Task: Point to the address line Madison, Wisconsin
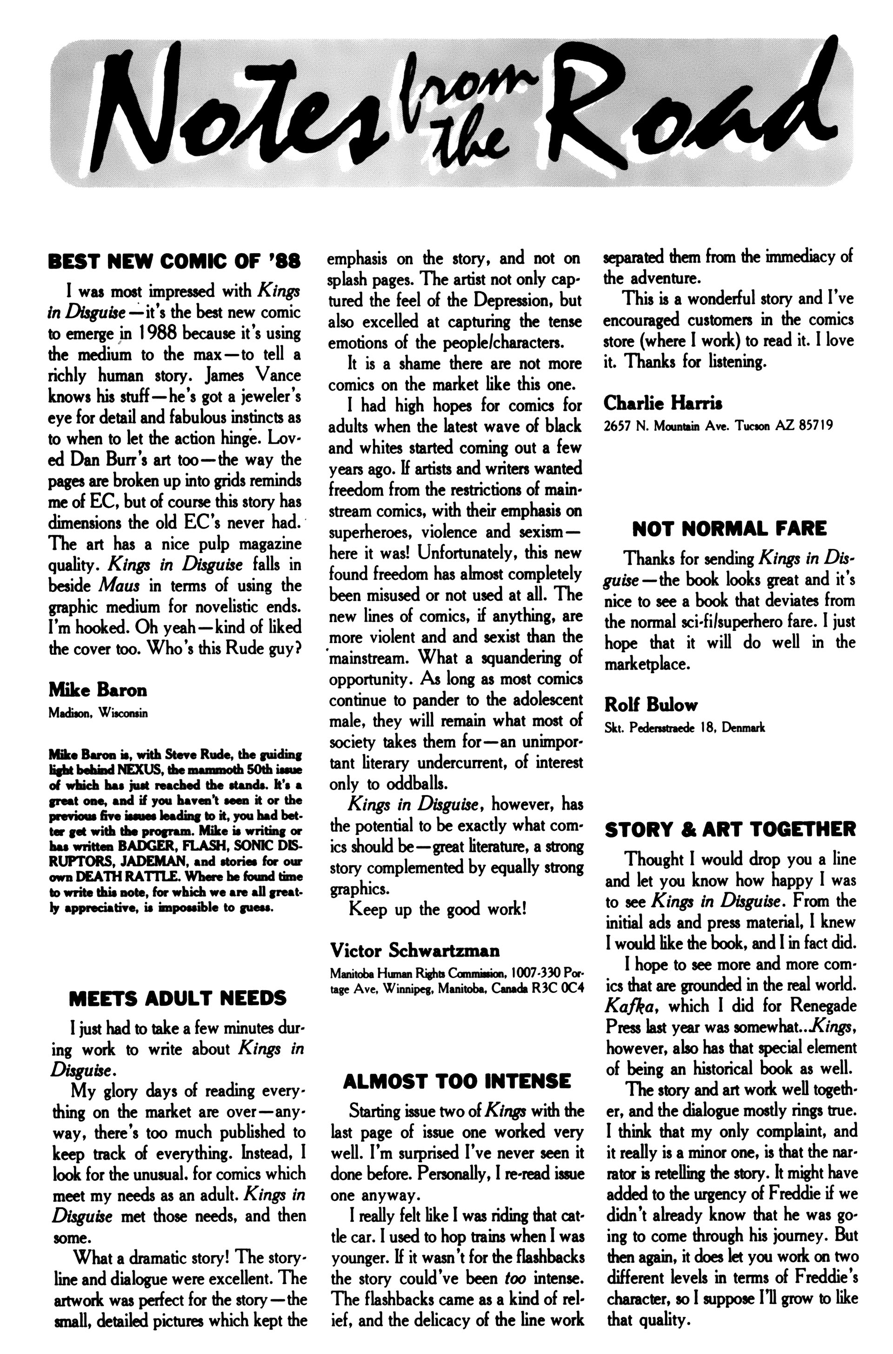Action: point(98,713)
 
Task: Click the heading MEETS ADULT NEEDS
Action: point(178,998)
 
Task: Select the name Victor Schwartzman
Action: point(415,951)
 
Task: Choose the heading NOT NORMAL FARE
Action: point(729,529)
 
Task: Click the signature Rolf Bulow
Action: point(651,705)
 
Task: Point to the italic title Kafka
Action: point(631,1006)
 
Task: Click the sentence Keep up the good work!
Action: point(437,909)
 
